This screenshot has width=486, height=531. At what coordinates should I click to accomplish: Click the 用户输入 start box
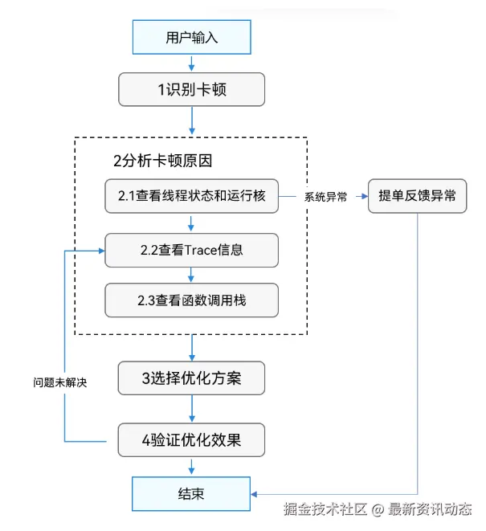point(191,37)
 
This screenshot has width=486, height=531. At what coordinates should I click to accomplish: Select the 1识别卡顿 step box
point(191,89)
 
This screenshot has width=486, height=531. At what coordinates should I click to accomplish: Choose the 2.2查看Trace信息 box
point(191,250)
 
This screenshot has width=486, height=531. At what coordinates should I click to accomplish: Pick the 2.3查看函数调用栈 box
point(191,300)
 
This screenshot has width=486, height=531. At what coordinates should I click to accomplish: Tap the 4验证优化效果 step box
point(191,440)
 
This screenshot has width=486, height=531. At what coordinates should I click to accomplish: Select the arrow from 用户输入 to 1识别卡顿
point(191,63)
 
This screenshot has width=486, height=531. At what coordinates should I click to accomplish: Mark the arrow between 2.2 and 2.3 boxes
point(191,276)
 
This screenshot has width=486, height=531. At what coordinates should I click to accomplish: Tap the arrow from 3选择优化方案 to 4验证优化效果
point(191,409)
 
